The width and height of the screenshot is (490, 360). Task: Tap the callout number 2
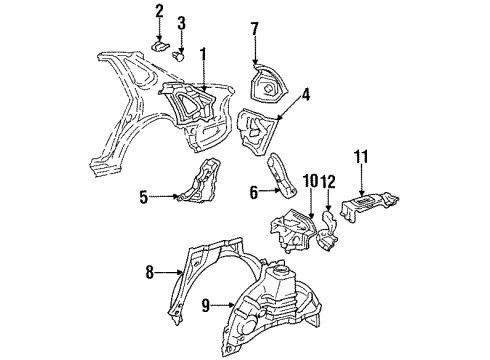point(158,11)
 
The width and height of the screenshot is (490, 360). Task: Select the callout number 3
point(181,23)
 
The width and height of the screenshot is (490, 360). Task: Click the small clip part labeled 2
point(160,44)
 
